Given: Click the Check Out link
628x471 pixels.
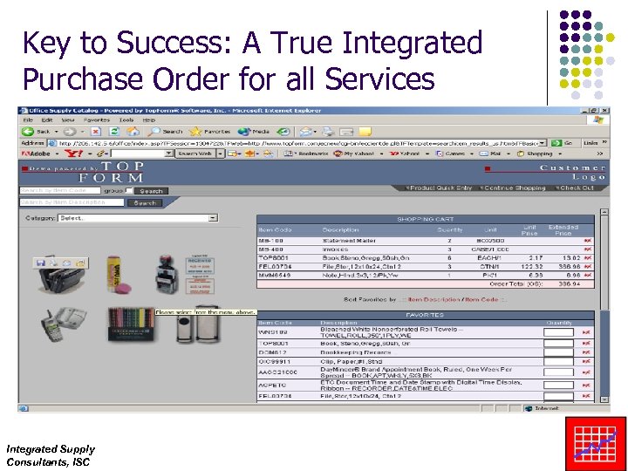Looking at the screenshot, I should point(576,188).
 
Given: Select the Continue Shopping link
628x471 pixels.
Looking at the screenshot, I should point(515,188).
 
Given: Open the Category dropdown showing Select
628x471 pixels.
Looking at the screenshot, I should point(137,218).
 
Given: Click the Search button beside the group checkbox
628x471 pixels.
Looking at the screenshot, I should point(150,190).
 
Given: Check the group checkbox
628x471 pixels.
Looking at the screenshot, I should point(129,190).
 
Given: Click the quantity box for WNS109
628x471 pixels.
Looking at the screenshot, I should point(558,332).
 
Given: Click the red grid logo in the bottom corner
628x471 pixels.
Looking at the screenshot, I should point(596,443).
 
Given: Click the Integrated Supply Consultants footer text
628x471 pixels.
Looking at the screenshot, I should point(50,454).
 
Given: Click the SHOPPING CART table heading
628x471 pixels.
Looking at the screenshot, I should point(421,219).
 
